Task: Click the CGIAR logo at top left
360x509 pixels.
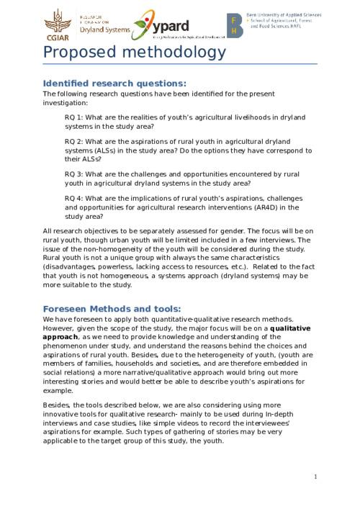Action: point(55,24)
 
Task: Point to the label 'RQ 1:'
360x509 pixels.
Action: point(75,117)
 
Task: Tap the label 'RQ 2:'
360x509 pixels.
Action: point(75,141)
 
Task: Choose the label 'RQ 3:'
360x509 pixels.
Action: point(75,174)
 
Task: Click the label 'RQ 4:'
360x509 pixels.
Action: point(75,199)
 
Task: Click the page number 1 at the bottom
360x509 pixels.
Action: point(315,476)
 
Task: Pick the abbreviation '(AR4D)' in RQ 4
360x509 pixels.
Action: point(263,207)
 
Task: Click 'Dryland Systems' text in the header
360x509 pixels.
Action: point(105,30)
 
